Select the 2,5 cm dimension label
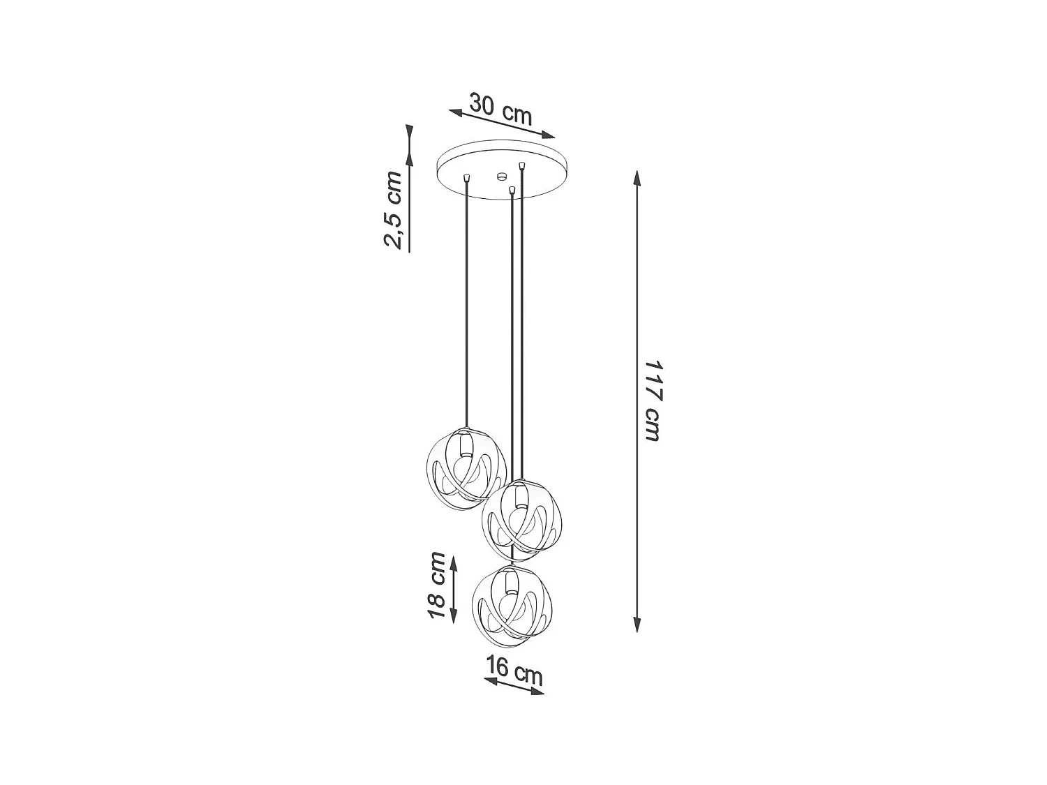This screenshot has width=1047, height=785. click(x=393, y=209)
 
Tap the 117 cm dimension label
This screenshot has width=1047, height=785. click(x=651, y=401)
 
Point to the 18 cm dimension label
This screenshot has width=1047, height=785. click(x=436, y=585)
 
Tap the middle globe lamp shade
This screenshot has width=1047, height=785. click(x=522, y=519)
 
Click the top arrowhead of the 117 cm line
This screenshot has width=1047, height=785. click(x=637, y=176)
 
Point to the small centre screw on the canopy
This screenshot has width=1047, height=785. click(x=500, y=176)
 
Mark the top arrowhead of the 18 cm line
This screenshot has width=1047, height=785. click(x=454, y=562)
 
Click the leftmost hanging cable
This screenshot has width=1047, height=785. click(x=466, y=300)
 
